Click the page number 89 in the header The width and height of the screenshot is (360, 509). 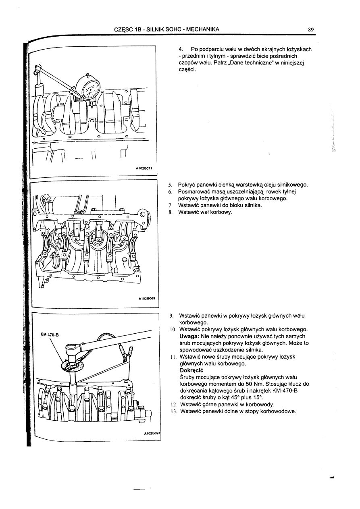pos(311,29)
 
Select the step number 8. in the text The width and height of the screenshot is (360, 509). pos(171,212)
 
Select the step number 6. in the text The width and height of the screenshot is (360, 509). pos(171,192)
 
